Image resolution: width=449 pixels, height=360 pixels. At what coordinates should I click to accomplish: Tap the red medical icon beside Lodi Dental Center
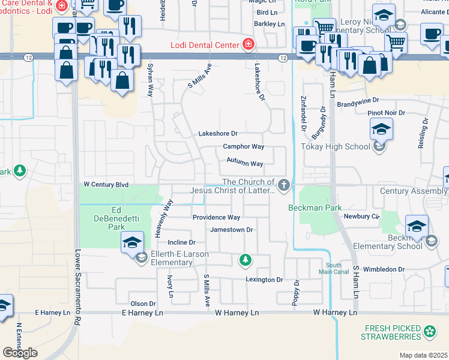247,43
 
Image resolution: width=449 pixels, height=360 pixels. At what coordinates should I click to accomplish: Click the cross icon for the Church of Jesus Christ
283,185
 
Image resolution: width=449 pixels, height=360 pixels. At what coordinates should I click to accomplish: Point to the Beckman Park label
311,208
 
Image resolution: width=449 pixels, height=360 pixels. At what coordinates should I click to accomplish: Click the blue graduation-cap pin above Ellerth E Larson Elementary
132,243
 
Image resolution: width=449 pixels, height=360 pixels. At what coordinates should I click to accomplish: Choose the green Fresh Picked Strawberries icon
429,331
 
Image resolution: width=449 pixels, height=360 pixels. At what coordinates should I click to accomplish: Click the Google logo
20,353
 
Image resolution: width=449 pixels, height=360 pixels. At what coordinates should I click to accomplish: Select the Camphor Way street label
243,146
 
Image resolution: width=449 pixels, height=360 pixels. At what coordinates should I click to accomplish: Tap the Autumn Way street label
244,163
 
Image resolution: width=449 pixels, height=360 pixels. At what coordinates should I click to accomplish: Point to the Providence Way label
216,217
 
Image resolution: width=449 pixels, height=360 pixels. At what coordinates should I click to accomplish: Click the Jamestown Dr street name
231,230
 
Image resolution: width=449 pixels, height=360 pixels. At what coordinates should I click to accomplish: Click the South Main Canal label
337,269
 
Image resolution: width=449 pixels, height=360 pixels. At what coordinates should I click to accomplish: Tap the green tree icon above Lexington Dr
245,260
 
